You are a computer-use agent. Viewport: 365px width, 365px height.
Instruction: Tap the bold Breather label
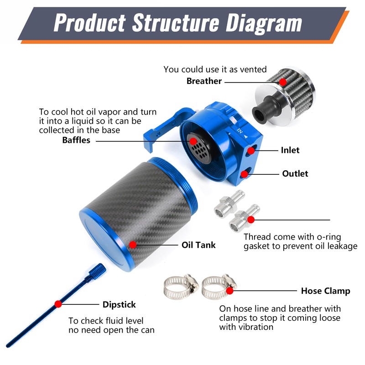204,81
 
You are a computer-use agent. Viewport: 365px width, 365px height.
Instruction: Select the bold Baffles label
76,140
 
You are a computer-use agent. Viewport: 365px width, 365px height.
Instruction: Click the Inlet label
290,150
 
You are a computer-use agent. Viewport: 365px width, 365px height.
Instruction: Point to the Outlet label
295,174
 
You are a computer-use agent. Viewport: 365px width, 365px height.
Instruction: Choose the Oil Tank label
198,245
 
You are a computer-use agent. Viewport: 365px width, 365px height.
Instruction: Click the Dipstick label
119,304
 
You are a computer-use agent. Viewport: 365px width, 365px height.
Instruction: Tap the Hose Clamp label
325,291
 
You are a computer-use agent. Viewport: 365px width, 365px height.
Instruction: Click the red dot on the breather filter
283,82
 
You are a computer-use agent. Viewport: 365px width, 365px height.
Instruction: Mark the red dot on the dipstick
58,304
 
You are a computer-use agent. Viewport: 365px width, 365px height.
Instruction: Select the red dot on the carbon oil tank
131,245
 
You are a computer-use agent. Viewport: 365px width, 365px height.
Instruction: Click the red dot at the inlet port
251,150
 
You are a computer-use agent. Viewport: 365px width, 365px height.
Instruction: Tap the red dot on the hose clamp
229,290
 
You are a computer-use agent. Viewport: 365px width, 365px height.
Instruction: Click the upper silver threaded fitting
226,203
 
